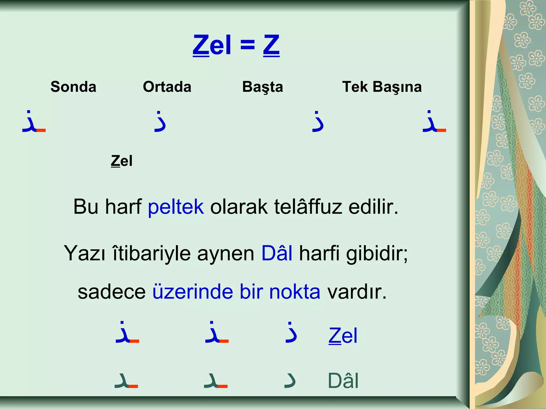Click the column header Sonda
pos(73,87)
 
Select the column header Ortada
pos(167,87)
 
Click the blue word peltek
pos(176,207)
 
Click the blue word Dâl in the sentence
pos(277,253)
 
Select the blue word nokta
pos(295,292)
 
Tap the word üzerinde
pos(192,292)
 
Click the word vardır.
pos(357,292)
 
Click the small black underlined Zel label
pos(122,161)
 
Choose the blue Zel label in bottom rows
pos(343,336)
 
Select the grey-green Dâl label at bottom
pos(343,381)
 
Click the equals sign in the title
pos(247,45)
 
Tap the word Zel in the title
pos(212,45)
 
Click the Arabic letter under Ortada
pos(160,121)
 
